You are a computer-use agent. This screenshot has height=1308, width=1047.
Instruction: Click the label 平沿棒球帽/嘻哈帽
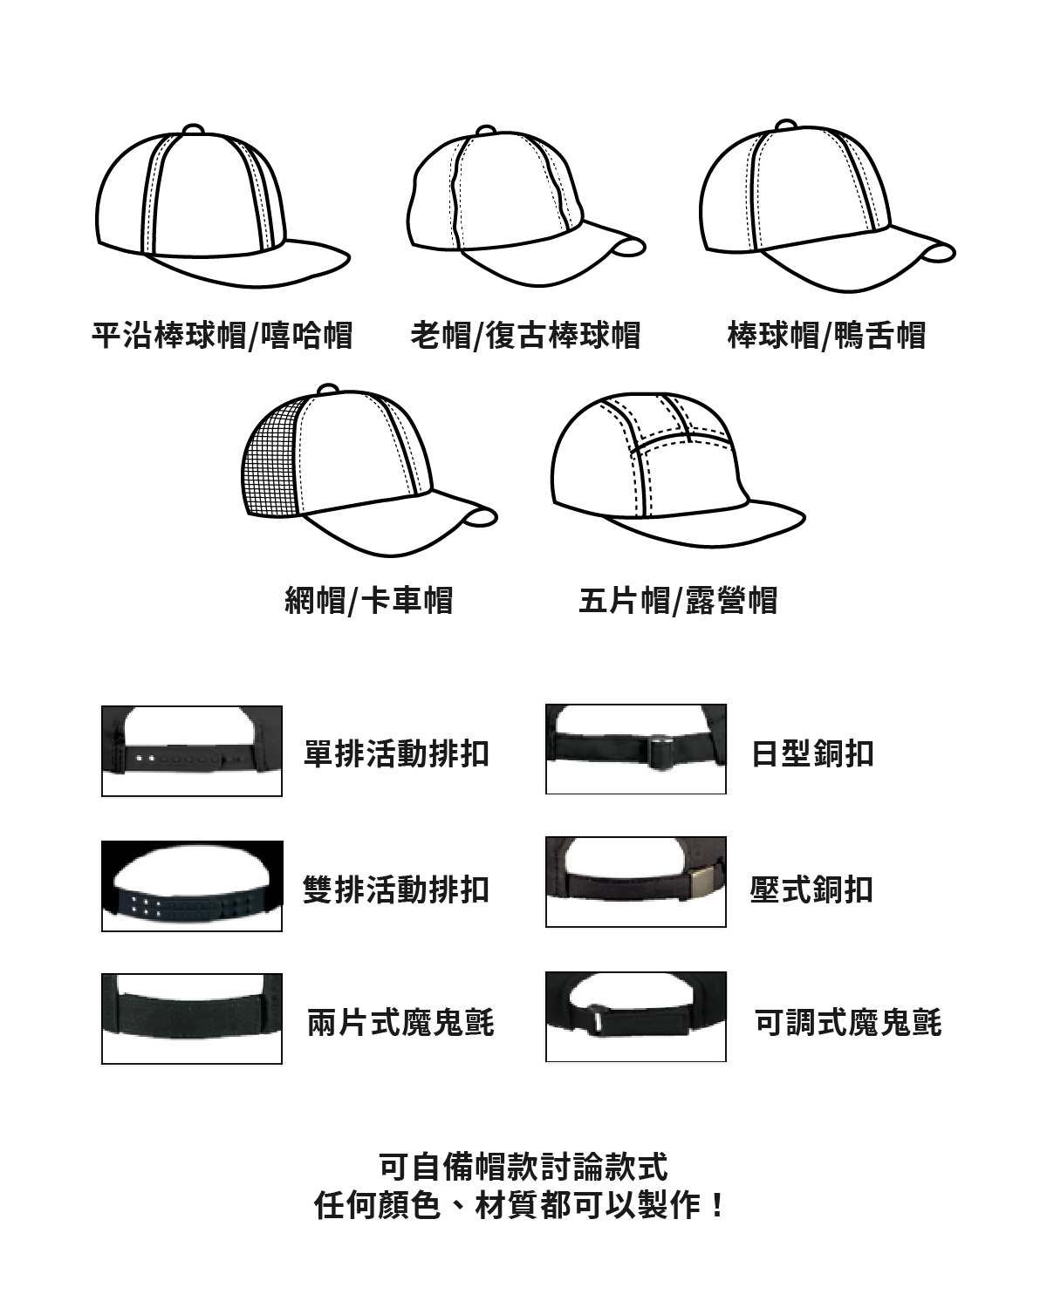click(222, 335)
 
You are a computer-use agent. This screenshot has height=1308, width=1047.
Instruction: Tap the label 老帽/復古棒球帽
click(525, 335)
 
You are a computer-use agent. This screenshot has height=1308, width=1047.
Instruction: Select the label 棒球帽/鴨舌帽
click(826, 335)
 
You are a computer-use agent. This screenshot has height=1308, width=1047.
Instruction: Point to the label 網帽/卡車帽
click(369, 600)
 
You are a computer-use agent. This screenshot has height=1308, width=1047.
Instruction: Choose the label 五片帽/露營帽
click(678, 600)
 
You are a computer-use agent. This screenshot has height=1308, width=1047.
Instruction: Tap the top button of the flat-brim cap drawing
click(193, 130)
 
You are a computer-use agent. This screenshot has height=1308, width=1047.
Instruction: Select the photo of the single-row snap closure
click(192, 751)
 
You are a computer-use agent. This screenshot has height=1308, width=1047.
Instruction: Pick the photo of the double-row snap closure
click(192, 886)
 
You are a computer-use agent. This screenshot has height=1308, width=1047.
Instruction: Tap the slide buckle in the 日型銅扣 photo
click(660, 751)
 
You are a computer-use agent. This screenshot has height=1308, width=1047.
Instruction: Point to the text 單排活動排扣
click(396, 754)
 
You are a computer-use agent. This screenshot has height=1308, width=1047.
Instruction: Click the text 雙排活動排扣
click(396, 889)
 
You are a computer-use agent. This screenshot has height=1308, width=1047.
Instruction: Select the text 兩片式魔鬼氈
click(400, 1023)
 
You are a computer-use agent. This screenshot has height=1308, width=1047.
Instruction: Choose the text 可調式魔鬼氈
click(848, 1023)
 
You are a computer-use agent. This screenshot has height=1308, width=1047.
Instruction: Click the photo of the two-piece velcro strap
click(192, 1018)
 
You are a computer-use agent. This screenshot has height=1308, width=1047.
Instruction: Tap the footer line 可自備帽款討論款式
click(523, 1166)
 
